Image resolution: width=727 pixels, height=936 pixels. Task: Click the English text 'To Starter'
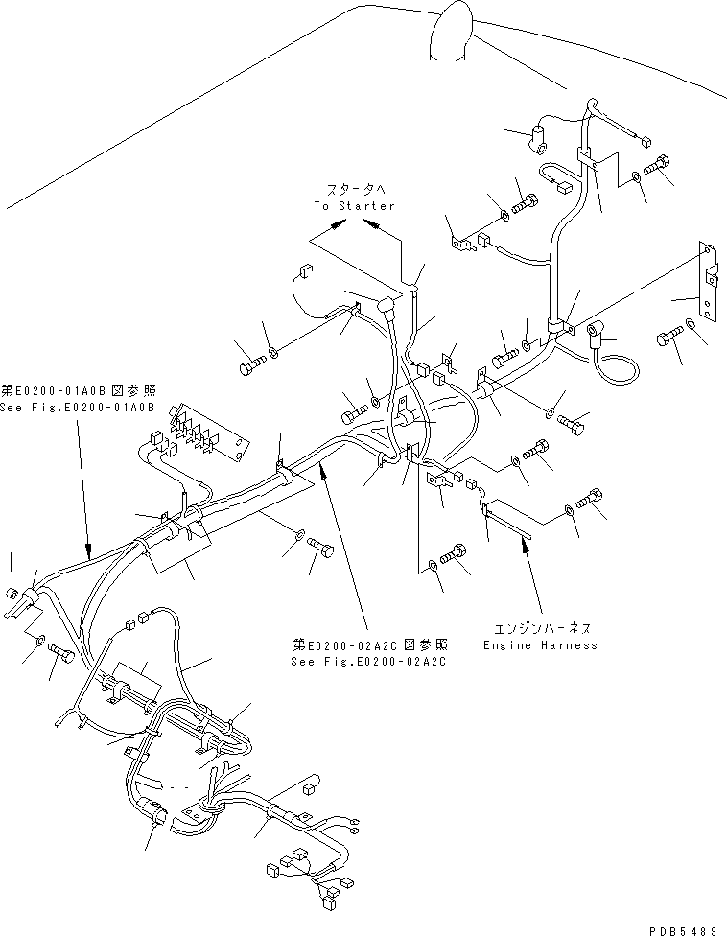[x=354, y=206]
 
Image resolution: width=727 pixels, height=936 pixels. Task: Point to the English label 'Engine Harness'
[x=540, y=645]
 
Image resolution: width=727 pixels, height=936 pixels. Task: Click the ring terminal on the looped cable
[x=597, y=334]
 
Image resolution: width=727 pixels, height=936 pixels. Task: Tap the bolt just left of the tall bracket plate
[x=668, y=338]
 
